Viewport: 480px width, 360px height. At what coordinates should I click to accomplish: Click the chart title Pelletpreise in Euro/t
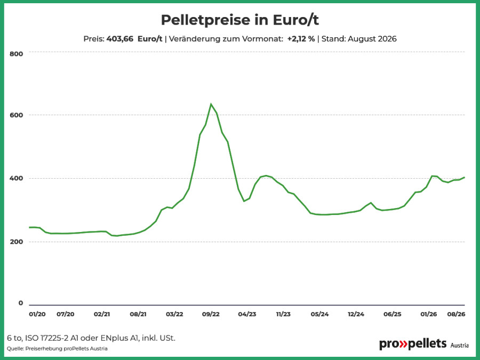click(x=239, y=20)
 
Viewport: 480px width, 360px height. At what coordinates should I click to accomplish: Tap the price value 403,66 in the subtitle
click(x=119, y=39)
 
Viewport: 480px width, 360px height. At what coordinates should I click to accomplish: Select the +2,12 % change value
click(x=301, y=39)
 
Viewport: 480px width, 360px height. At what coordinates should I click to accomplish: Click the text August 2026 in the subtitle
click(x=372, y=39)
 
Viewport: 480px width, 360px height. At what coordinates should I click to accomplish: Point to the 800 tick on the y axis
click(x=16, y=54)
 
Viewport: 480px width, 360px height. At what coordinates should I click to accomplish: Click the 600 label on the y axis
click(x=16, y=115)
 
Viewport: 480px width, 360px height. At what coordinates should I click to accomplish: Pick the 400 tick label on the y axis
click(x=16, y=178)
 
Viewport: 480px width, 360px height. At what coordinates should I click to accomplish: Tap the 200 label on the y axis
click(x=16, y=242)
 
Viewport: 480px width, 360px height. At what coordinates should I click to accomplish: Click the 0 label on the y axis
click(x=20, y=303)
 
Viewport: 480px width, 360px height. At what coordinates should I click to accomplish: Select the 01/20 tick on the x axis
click(x=37, y=314)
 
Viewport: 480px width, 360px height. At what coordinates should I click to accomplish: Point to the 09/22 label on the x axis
click(x=211, y=314)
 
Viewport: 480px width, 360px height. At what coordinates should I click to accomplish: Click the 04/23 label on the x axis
click(x=247, y=314)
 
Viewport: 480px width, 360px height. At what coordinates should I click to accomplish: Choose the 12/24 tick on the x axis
click(x=356, y=314)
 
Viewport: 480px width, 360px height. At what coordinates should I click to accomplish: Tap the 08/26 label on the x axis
click(x=456, y=314)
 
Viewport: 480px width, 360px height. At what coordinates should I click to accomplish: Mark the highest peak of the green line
click(x=211, y=104)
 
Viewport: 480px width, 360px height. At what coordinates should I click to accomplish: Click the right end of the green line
click(x=465, y=177)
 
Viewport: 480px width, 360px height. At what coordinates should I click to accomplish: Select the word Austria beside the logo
click(x=459, y=346)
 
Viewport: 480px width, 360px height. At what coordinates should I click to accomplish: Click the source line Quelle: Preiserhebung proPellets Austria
click(x=57, y=349)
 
